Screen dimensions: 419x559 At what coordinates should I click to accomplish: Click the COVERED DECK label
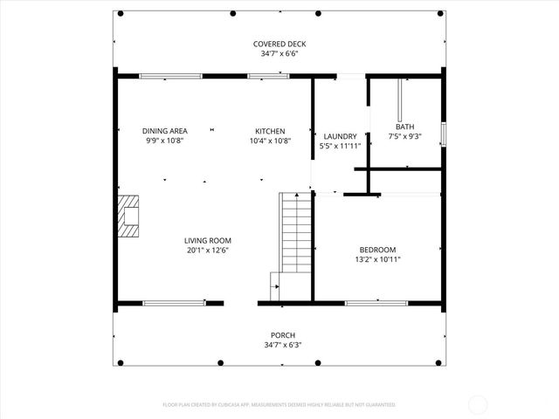coord(279,44)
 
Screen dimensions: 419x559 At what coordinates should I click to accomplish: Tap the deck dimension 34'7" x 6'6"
coord(279,53)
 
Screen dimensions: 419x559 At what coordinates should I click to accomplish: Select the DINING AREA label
coord(165,131)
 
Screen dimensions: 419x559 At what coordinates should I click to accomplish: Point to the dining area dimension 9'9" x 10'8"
coord(165,141)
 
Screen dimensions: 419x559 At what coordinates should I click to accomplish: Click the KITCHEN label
coord(270,131)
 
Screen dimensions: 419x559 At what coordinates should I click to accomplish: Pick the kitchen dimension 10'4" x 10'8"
coord(270,141)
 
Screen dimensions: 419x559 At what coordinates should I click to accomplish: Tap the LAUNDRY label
coord(340,136)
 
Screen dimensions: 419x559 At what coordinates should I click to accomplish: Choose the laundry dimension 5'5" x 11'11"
coord(340,146)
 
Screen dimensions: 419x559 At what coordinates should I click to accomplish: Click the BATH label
coord(404,127)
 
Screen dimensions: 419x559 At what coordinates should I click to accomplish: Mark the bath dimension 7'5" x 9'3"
coord(404,136)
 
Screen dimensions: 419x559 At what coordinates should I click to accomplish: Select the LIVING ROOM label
coord(207,240)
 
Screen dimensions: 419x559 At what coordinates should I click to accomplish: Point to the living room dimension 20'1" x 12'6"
coord(207,250)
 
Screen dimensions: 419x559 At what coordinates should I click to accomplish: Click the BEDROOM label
coord(377,249)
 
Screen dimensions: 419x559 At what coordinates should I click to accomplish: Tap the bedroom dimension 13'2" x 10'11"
coord(377,258)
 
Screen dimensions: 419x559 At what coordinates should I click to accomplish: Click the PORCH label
coord(282,335)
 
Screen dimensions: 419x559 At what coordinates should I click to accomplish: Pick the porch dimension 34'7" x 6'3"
coord(282,345)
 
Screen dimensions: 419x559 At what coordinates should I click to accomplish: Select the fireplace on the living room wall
coord(128,216)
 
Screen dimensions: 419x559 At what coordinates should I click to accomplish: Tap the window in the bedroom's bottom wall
coord(376,303)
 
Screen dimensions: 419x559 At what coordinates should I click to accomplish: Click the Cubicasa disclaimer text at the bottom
coord(279,405)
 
